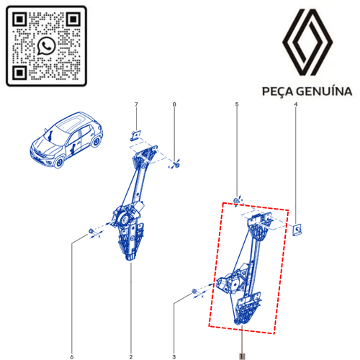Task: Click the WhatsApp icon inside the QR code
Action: click(47, 45)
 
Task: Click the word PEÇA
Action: click(274, 92)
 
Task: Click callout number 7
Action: click(134, 107)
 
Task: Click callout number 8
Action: click(174, 107)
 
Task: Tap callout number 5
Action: click(236, 107)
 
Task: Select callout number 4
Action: click(296, 107)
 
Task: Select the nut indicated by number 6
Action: click(91, 231)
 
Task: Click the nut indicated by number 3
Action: click(195, 292)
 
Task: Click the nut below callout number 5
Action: click(237, 199)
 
